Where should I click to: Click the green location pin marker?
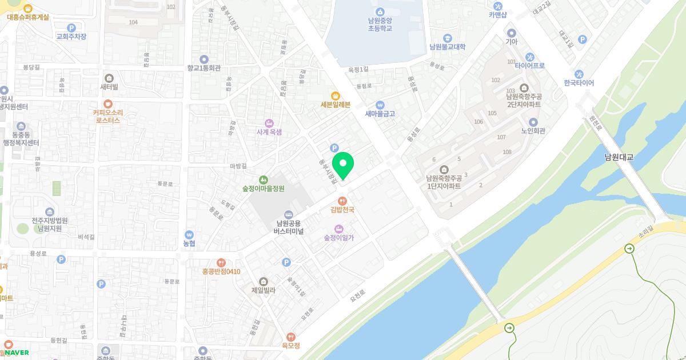pos(343,165)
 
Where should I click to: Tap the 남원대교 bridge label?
pos(619,157)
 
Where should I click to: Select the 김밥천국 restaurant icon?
pos(342,200)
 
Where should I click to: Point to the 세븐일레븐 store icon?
pos(336,95)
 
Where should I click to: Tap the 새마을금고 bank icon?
pos(380,105)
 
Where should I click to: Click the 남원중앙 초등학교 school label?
pos(380,24)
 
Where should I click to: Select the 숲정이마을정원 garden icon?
pos(263,179)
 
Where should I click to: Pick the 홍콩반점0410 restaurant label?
pos(221,271)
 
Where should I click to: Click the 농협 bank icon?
pos(189,234)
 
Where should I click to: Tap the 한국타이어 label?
pos(579,83)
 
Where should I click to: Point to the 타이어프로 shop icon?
pos(530,57)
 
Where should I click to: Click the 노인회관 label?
pos(533,131)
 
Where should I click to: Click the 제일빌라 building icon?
pos(264,281)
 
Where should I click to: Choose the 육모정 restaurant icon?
pos(291,337)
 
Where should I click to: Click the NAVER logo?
pos(17,353)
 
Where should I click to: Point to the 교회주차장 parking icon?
pos(71,27)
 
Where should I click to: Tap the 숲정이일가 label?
pos(339,238)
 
